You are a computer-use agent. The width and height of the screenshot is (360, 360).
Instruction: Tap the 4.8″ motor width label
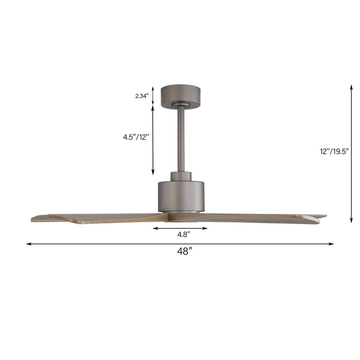tap(180, 234)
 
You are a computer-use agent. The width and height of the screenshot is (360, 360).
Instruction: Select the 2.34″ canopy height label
tap(141, 95)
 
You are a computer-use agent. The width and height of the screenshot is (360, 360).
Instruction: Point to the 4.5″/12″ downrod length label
tap(135, 138)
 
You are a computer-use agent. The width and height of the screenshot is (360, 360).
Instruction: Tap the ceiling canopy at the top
tap(181, 95)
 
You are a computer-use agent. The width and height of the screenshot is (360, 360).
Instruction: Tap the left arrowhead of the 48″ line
tap(28, 244)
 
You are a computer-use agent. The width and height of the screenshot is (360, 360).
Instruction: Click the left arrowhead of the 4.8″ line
tap(155, 228)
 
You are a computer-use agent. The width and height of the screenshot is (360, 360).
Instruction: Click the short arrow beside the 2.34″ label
tap(153, 95)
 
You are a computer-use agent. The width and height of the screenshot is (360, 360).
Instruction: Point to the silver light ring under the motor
tap(181, 211)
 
